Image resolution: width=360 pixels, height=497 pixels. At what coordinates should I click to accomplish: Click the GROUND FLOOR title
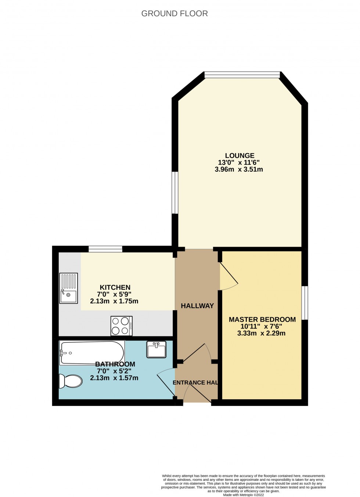174,14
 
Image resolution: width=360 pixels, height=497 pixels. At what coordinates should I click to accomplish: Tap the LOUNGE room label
240,155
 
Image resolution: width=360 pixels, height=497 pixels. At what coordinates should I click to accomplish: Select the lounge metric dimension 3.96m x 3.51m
239,169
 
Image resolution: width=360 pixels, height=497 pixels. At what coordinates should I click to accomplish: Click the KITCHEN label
115,287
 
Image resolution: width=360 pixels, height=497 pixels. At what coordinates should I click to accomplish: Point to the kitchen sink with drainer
69,288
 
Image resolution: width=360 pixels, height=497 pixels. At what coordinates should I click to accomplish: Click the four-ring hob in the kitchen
122,326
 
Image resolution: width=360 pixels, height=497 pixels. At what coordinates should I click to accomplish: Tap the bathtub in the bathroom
92,353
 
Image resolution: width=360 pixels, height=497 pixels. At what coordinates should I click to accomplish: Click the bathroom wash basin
156,349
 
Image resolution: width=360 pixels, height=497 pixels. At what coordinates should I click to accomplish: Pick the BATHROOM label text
115,364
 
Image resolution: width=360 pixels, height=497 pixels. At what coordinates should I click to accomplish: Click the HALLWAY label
197,306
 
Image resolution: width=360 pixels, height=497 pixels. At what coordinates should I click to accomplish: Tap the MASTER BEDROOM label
262,319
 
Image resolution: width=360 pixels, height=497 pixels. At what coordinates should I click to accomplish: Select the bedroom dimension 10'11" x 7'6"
261,326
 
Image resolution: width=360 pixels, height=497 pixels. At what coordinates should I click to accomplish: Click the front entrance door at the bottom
197,393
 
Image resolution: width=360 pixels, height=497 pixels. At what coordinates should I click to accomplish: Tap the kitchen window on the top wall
105,249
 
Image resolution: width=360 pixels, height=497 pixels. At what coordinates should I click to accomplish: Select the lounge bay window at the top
242,75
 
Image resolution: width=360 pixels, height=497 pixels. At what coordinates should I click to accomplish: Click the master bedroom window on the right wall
305,303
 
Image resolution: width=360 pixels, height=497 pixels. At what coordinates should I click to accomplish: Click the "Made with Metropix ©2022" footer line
243,495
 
